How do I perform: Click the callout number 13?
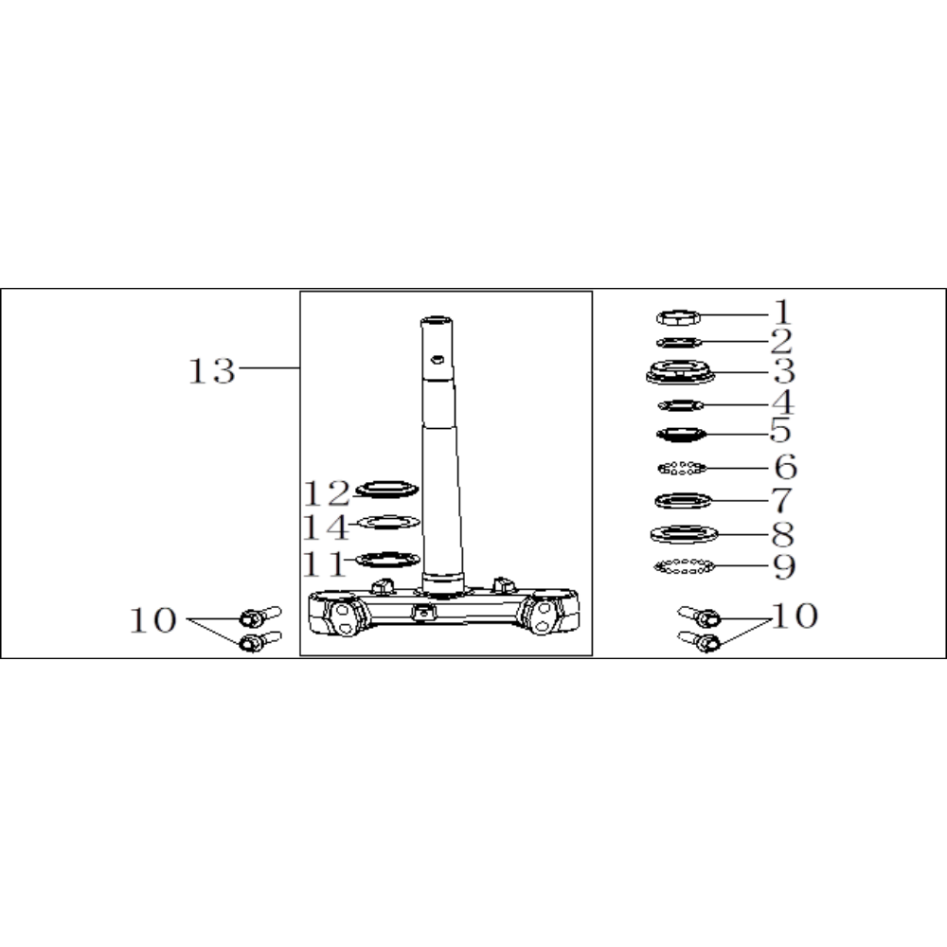click(x=211, y=371)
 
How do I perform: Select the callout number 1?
click(x=782, y=313)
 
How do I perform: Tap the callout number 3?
click(x=784, y=371)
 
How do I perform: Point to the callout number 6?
click(x=785, y=467)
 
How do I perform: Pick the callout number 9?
click(x=784, y=566)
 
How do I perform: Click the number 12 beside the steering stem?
click(x=327, y=493)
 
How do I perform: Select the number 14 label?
click(x=326, y=527)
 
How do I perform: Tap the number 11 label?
click(x=324, y=564)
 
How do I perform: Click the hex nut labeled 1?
click(x=679, y=317)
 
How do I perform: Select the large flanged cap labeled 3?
click(x=680, y=371)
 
